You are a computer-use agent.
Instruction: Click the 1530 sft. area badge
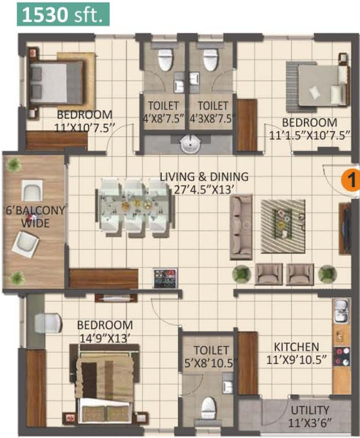[x=63, y=14]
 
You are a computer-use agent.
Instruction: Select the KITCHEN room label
[x=296, y=346]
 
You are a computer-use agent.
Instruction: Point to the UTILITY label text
[x=310, y=410]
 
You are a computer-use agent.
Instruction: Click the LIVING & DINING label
[x=204, y=177]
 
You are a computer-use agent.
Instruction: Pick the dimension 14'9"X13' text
[x=105, y=338]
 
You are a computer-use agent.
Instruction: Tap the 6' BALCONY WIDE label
[x=35, y=217]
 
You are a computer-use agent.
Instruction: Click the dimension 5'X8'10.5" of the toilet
[x=211, y=363]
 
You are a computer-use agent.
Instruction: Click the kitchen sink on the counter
[x=341, y=311]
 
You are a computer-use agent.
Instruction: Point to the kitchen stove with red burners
[x=341, y=357]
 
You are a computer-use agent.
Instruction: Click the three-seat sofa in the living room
[x=241, y=227]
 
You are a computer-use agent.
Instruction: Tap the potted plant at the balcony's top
[x=14, y=164]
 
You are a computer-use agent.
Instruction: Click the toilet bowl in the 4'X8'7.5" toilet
[x=165, y=60]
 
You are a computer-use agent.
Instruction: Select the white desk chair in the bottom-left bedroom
[x=48, y=323]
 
